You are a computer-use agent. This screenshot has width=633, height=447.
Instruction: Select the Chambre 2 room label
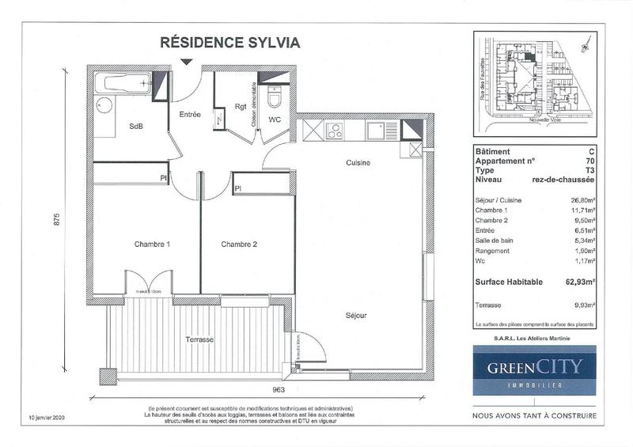point(239,244)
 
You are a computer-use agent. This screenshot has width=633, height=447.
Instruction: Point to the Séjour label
point(355,315)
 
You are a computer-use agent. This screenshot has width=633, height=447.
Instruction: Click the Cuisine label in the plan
point(358,162)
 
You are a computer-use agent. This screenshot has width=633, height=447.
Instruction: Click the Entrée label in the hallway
point(188,115)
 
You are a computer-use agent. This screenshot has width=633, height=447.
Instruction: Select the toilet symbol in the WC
point(275,100)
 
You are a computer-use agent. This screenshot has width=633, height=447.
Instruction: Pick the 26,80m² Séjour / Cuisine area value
point(582,201)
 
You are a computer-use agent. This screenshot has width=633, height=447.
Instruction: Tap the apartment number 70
point(590,160)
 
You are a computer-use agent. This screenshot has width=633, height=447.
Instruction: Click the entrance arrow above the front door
point(187,63)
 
